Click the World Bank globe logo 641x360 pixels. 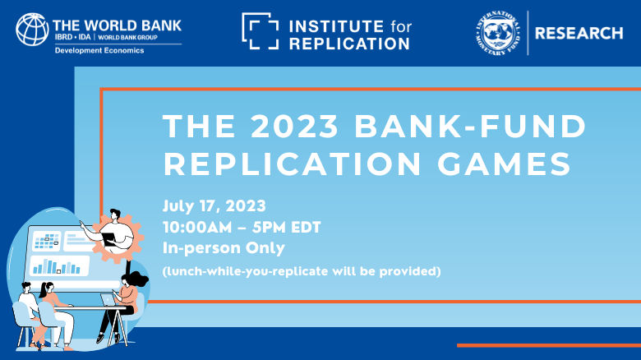coord(31,29)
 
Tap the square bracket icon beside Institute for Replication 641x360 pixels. coord(260,30)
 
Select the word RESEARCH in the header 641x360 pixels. coord(579,34)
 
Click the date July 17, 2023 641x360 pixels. coord(214,205)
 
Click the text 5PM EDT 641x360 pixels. coord(289,227)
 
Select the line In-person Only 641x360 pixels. coord(224,247)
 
